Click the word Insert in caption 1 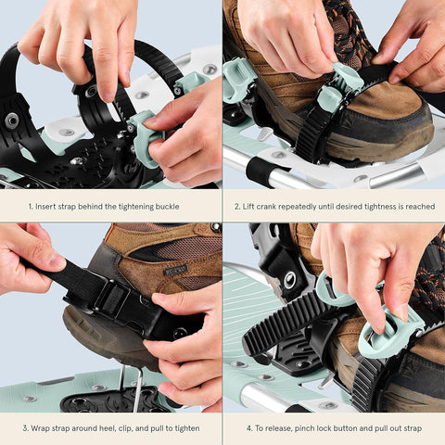tap(48, 206)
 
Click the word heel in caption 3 tap(109, 428)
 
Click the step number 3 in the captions tap(25, 428)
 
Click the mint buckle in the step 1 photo tap(146, 139)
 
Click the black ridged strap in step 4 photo tap(287, 324)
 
